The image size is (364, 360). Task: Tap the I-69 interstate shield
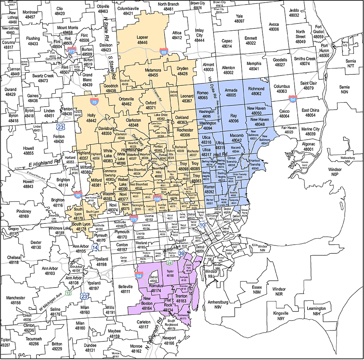click(x=163, y=52)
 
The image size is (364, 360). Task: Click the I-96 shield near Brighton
click(x=78, y=195)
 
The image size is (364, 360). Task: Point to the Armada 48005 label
click(x=231, y=93)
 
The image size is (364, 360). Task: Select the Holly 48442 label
click(x=81, y=118)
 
